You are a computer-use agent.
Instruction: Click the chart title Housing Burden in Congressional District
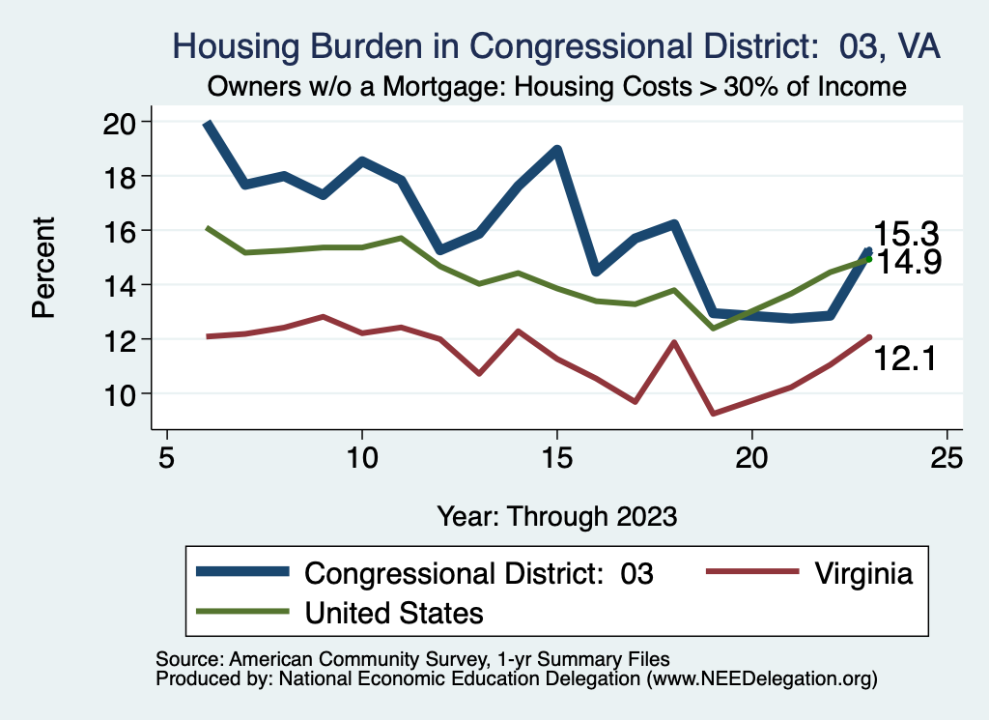point(555,46)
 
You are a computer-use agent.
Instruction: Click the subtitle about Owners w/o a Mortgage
point(556,87)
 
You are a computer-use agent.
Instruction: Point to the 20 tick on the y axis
point(123,123)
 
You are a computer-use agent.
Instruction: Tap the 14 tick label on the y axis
point(123,285)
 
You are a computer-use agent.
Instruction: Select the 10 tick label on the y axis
point(123,394)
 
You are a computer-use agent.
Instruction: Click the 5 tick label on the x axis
point(166,457)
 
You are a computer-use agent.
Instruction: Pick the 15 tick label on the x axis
point(556,457)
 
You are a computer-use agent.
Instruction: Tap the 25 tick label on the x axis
point(947,457)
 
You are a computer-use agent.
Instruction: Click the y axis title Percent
point(42,268)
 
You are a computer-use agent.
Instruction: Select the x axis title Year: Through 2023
point(556,514)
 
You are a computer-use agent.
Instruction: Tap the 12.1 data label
point(906,360)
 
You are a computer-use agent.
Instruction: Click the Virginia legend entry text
point(862,573)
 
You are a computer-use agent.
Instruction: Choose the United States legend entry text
point(394,612)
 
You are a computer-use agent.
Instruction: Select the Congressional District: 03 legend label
point(479,573)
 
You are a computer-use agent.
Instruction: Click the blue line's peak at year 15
point(557,150)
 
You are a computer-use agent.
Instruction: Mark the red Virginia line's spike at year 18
point(674,342)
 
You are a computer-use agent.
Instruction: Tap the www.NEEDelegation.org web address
point(763,678)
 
